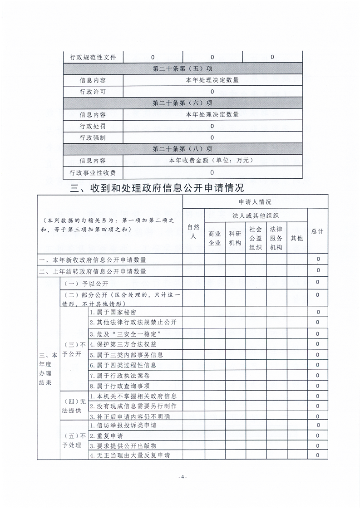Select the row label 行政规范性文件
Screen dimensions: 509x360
pos(93,57)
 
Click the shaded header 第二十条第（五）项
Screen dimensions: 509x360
pos(182,69)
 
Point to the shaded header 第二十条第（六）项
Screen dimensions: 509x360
pos(182,103)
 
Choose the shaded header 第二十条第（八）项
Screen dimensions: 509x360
pos(182,149)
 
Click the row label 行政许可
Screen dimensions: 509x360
pos(93,92)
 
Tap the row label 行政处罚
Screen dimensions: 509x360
pos(93,126)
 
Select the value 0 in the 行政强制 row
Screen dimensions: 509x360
pos(212,137)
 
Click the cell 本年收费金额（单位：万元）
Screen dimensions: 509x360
pos(212,161)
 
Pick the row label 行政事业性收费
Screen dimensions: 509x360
pos(93,172)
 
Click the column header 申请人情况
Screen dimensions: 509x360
pos(255,202)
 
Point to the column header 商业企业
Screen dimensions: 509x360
pos(215,238)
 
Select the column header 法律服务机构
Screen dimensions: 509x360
pos(276,238)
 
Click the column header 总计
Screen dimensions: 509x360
pos(318,231)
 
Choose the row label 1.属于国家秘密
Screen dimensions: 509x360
pos(113,312)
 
